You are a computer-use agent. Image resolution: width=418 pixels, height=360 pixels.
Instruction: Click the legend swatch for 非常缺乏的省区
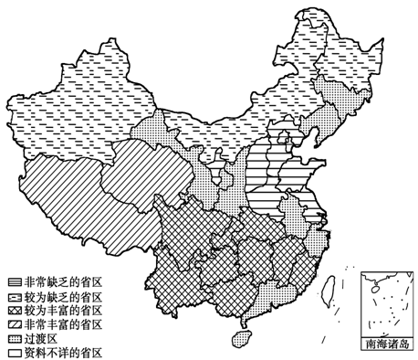click(x=16, y=281)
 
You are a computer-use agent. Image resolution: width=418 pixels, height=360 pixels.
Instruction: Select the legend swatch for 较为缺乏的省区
click(x=16, y=296)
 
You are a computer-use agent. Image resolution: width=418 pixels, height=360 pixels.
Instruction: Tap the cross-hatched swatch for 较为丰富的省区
click(x=16, y=310)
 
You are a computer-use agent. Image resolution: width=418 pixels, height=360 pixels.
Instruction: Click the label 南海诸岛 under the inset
click(x=387, y=345)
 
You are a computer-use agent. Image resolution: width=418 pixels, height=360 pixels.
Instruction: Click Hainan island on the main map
click(x=242, y=336)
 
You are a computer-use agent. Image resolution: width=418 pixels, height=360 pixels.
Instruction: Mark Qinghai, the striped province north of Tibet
click(x=146, y=169)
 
